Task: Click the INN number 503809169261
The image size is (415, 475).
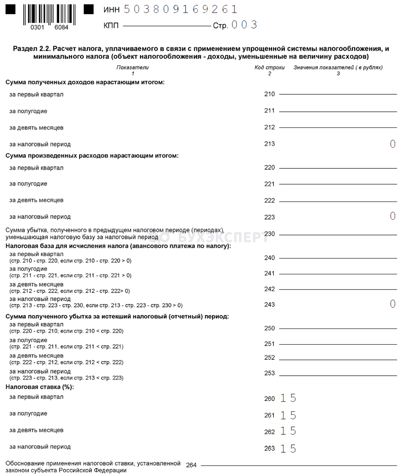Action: click(181, 9)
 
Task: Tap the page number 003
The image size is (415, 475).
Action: click(244, 25)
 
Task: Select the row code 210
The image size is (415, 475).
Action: click(270, 94)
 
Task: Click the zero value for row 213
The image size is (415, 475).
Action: click(392, 144)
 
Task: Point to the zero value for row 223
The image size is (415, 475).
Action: click(392, 216)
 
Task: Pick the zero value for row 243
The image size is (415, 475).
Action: click(392, 304)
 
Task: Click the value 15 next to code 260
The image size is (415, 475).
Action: click(288, 398)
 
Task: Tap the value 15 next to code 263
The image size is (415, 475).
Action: click(288, 449)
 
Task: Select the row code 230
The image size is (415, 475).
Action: click(270, 234)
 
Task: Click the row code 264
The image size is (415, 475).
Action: click(191, 465)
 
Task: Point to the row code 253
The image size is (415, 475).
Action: click(270, 373)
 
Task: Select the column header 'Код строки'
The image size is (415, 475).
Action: click(270, 67)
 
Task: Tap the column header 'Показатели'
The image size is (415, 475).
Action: click(132, 67)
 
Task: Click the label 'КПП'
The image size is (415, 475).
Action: click(111, 26)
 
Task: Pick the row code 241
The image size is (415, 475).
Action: click(270, 274)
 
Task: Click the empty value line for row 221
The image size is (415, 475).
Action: click(338, 184)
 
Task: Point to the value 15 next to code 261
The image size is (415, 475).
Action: click(288, 415)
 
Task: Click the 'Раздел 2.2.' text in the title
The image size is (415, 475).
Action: click(31, 49)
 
